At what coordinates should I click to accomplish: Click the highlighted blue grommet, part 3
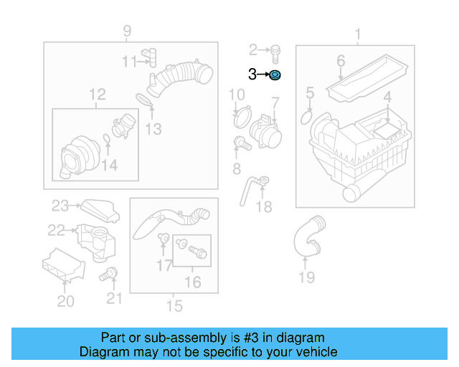point(276,75)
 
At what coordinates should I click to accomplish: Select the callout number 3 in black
point(252,74)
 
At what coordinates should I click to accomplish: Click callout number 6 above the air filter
point(341,61)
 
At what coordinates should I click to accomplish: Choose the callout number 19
point(306,277)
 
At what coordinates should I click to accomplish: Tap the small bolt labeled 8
point(242,144)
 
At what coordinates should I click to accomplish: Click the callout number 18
point(265,207)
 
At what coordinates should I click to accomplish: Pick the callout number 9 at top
point(127,31)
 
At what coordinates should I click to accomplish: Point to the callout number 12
point(97,94)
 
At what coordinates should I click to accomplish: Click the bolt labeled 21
point(110,273)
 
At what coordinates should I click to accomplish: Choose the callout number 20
point(65,301)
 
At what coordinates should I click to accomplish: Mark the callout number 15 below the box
point(174,307)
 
